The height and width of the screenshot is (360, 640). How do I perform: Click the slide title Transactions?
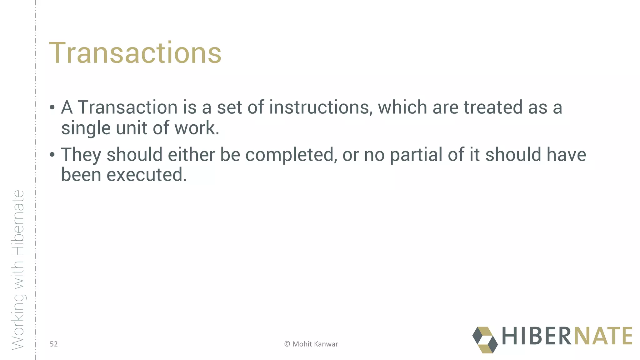point(135,53)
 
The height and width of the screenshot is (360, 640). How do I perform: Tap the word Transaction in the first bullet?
point(127,107)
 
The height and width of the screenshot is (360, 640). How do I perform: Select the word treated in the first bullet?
point(493,107)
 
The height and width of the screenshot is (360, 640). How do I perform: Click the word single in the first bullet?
point(86,128)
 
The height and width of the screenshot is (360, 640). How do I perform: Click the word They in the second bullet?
point(81,155)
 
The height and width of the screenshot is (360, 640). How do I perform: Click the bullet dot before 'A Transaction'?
point(52,108)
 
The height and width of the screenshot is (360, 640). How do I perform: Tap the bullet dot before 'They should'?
point(52,155)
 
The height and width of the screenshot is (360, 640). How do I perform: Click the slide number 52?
point(54,344)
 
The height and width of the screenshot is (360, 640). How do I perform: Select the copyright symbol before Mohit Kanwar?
point(287,344)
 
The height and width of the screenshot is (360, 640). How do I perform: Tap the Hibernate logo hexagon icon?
point(485,340)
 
